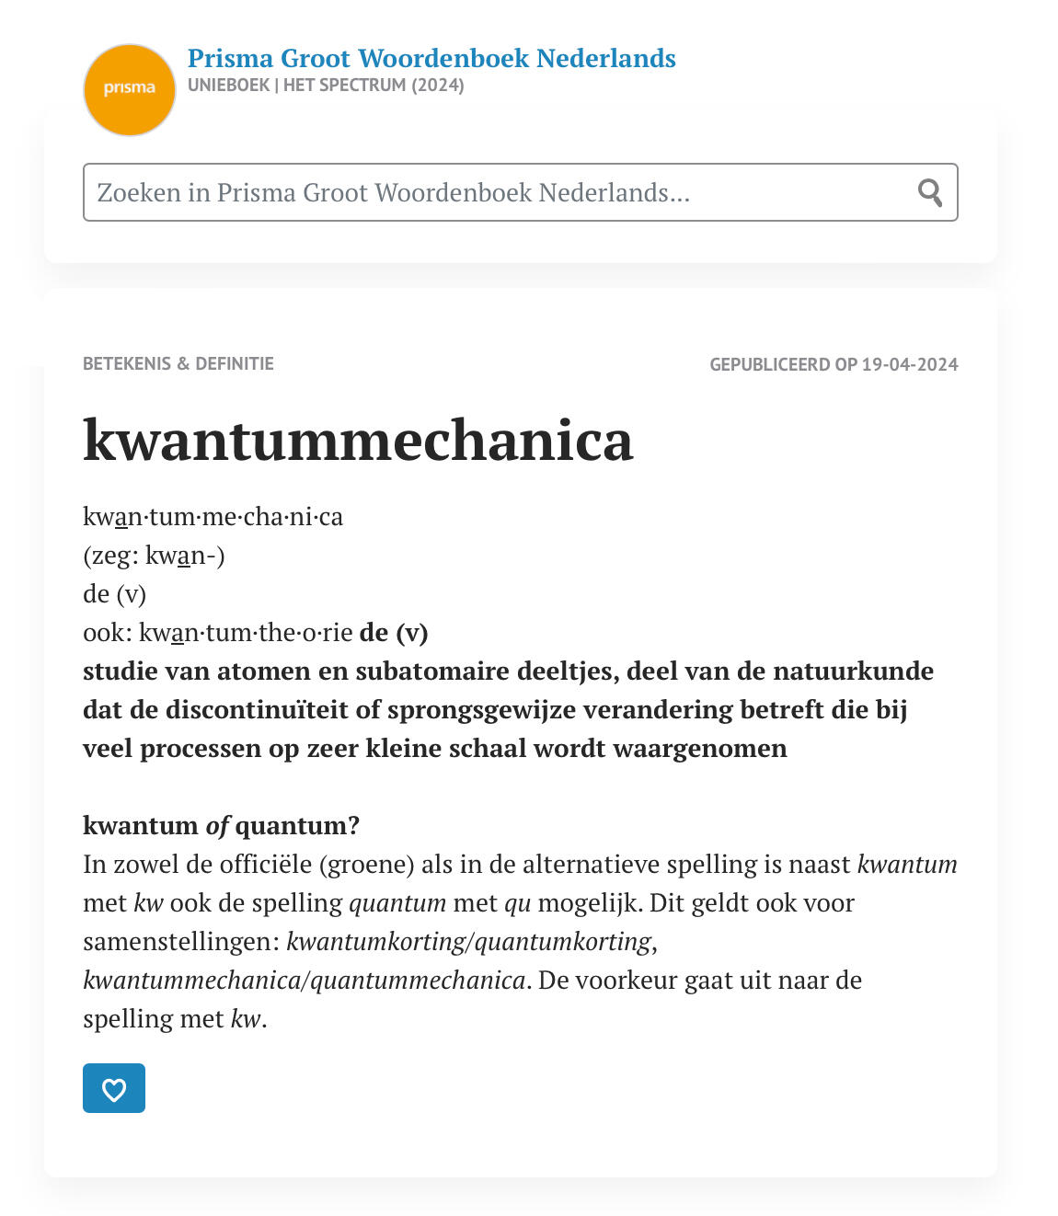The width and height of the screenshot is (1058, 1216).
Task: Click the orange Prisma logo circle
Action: point(130,89)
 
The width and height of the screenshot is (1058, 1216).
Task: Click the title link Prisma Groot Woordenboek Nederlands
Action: point(431,58)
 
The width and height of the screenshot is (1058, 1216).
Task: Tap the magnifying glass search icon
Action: point(930,192)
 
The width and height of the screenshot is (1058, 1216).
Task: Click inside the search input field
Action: point(497,192)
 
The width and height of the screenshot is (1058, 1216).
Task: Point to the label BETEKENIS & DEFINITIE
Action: point(178,363)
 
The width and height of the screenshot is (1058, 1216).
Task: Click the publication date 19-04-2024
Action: point(910,364)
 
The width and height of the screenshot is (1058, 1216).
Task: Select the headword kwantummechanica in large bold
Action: point(358,440)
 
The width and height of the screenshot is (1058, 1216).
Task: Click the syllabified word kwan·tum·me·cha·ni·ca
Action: point(213,516)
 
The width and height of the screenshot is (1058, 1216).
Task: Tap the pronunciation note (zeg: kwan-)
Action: point(154,555)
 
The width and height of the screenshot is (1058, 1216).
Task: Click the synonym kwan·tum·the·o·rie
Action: point(246,632)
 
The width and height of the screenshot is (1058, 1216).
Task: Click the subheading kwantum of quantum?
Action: point(221,825)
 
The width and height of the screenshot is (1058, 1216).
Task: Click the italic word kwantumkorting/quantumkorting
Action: point(469,941)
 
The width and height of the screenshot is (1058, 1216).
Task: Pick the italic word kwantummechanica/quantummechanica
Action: point(304,980)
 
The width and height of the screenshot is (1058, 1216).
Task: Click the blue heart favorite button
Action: point(114,1088)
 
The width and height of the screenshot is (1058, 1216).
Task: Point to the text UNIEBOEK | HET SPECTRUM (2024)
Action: point(326,85)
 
